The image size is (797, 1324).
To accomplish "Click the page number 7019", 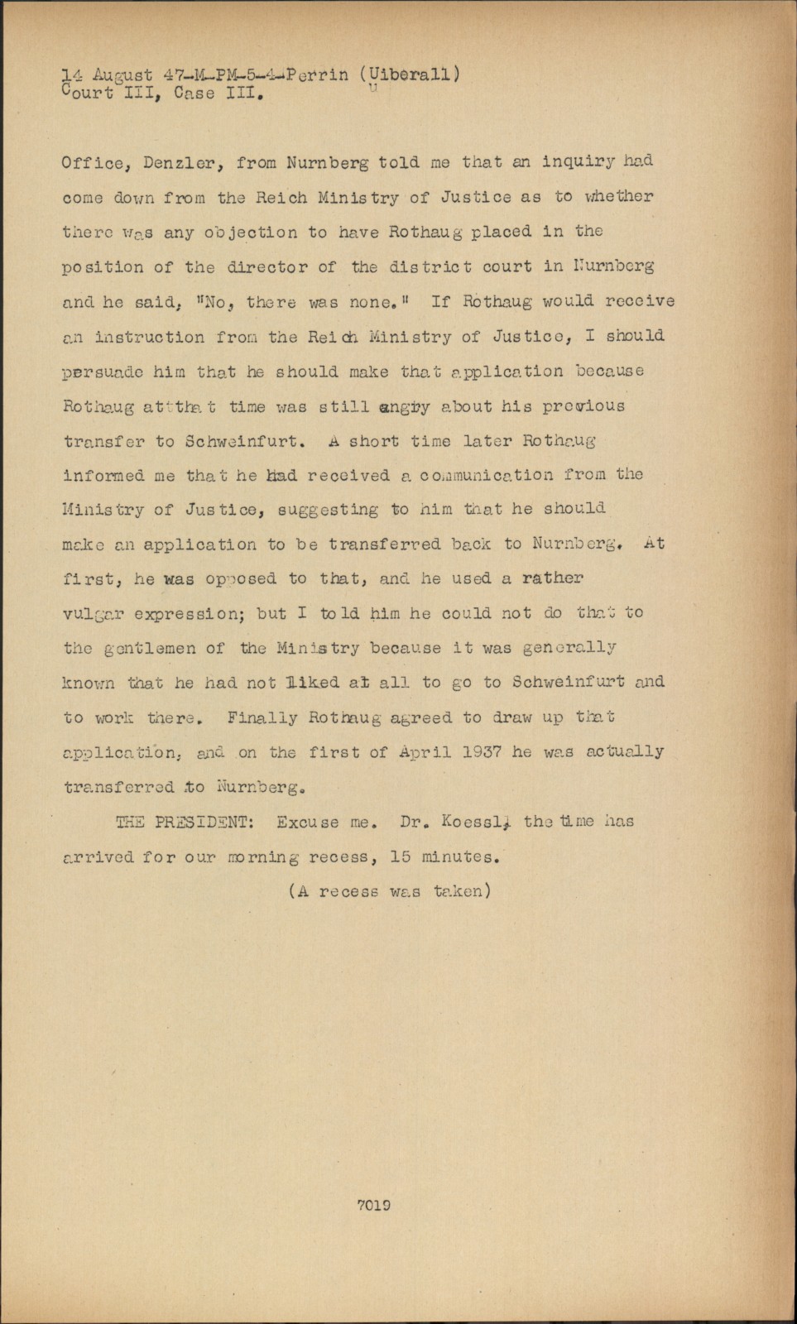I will pos(373,1205).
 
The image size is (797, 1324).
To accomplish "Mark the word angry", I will pos(405,406).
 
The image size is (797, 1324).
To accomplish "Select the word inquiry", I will pos(579,162).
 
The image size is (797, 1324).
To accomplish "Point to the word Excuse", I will pos(307,822).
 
